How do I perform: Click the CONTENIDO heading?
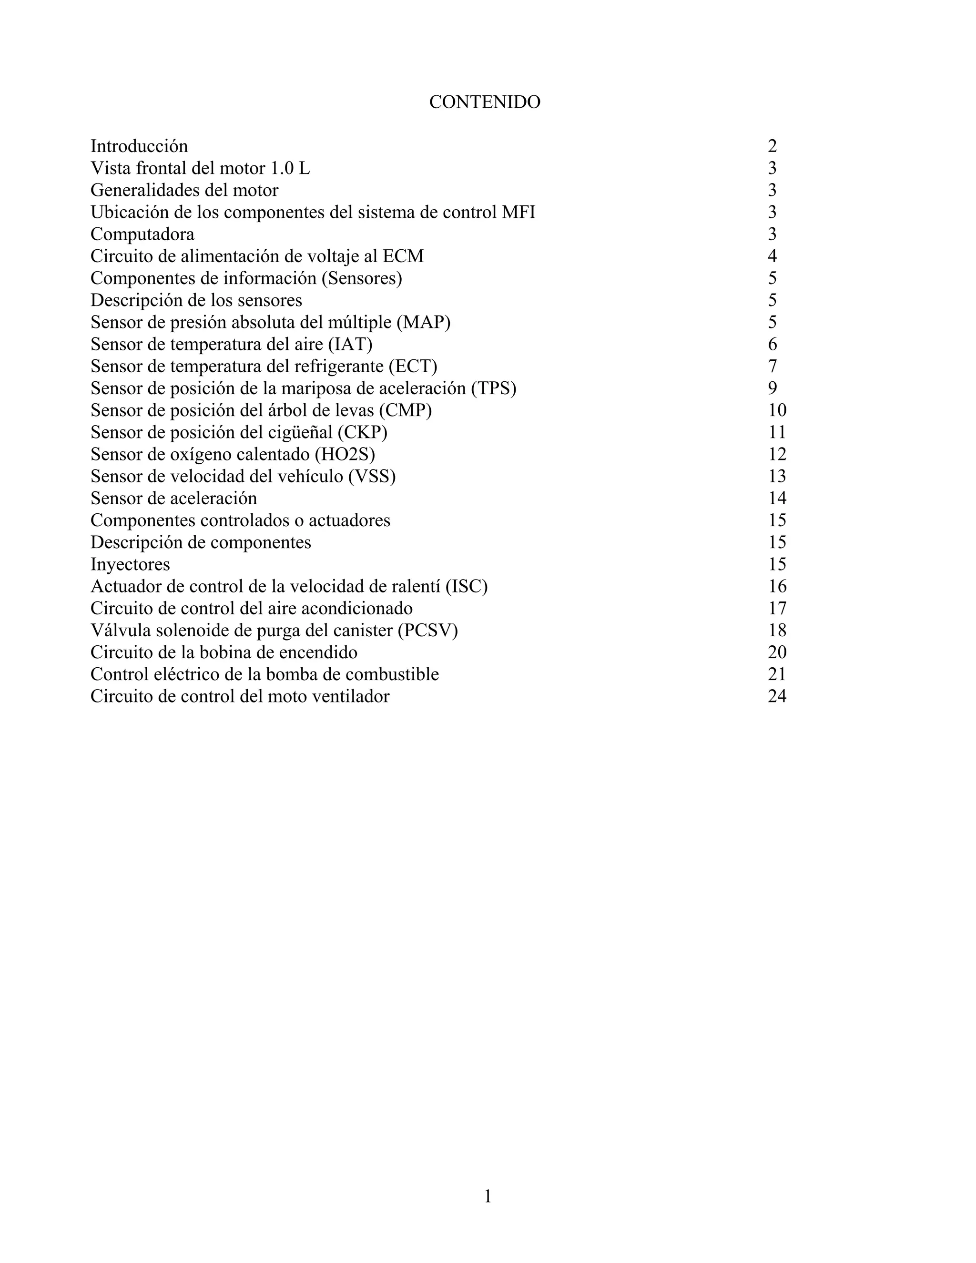tap(485, 102)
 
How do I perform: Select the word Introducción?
tap(139, 146)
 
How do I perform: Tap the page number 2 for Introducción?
tap(772, 146)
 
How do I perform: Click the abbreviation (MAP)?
tap(423, 322)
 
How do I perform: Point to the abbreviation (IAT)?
tap(350, 344)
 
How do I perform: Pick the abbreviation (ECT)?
tap(413, 366)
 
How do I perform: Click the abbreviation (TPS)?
tap(493, 388)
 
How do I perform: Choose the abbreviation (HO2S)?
tap(349, 454)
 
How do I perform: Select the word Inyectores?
tap(130, 564)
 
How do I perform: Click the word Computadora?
tap(142, 234)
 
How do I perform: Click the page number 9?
tap(773, 388)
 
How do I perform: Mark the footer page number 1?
tap(488, 1195)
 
